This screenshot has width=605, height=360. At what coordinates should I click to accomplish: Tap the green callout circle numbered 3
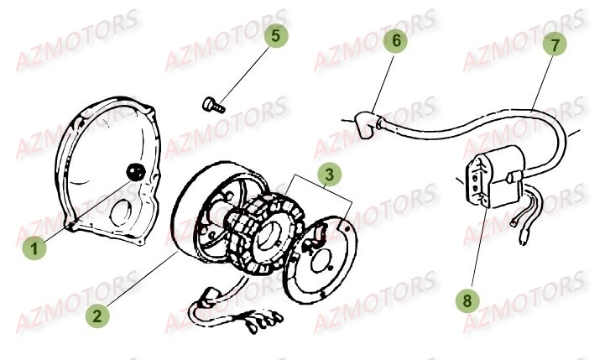[x=330, y=175]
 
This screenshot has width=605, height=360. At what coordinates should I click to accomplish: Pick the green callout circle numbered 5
[x=277, y=37]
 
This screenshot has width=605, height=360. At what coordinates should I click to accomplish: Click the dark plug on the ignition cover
[x=133, y=171]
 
